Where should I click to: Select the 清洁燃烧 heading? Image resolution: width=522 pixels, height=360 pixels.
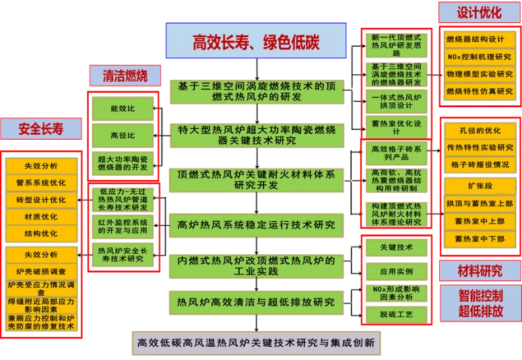pyautogui.click(x=119, y=76)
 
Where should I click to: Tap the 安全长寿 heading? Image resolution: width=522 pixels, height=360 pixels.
pyautogui.click(x=41, y=129)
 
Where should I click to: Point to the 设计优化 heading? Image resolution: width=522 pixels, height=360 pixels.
pyautogui.click(x=479, y=12)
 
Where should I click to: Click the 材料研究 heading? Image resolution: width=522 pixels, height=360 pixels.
pyautogui.click(x=480, y=271)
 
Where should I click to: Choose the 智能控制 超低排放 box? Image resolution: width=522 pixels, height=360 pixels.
pyautogui.click(x=480, y=303)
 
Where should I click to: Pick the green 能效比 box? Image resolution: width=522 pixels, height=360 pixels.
pyautogui.click(x=123, y=109)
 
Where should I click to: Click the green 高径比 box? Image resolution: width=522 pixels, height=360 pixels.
pyautogui.click(x=123, y=134)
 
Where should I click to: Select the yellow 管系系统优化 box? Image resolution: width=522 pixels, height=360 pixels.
pyautogui.click(x=41, y=183)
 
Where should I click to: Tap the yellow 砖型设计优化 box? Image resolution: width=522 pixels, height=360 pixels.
pyautogui.click(x=41, y=200)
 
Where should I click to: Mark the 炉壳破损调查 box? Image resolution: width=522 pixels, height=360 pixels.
pyautogui.click(x=41, y=272)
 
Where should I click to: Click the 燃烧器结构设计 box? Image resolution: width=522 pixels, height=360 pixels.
pyautogui.click(x=480, y=39)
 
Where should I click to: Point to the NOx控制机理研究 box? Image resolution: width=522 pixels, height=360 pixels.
pyautogui.click(x=480, y=57)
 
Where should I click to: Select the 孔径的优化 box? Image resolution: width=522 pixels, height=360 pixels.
pyautogui.click(x=480, y=130)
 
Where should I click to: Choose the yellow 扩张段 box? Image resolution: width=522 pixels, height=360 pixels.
pyautogui.click(x=480, y=185)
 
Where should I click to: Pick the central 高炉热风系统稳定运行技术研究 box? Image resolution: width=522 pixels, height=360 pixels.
pyautogui.click(x=256, y=224)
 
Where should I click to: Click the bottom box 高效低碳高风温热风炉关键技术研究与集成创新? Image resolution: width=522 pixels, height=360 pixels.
pyautogui.click(x=256, y=342)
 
